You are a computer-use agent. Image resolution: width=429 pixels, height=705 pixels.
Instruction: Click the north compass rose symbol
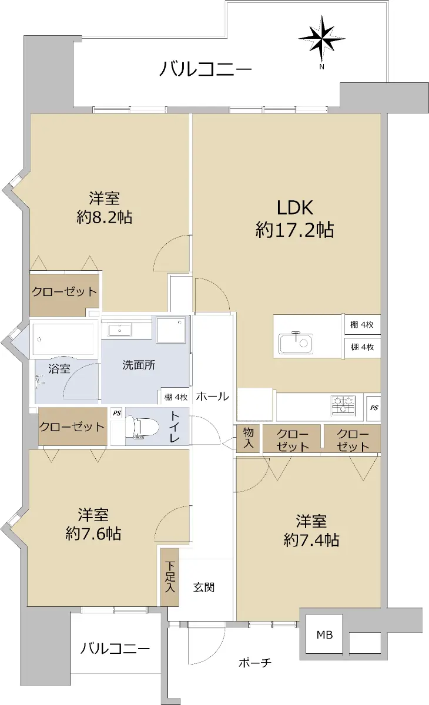point(321,38)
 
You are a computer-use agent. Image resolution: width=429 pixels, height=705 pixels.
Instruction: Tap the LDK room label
point(295,208)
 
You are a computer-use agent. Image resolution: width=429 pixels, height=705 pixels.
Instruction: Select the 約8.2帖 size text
point(104,217)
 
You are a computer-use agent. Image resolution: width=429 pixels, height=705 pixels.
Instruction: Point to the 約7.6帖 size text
point(93,533)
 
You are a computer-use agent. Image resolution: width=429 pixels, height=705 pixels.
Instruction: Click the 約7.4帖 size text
point(311,540)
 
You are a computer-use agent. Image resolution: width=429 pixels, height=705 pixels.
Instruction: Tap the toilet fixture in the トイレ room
point(142,427)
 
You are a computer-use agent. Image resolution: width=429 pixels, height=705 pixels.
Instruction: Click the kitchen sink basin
point(296,343)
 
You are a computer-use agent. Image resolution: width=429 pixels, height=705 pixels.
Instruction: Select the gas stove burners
point(343,404)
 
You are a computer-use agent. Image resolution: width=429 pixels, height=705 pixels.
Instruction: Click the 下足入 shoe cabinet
point(170,577)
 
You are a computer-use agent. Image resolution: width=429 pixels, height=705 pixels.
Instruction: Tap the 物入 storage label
point(248,438)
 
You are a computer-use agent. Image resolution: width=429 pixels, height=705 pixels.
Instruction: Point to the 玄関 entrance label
point(204,587)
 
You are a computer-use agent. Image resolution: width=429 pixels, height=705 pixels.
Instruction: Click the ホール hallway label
point(212,397)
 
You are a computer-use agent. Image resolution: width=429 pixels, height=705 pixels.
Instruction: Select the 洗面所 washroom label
point(139,365)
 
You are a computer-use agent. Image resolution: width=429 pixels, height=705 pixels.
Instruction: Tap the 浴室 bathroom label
point(59,369)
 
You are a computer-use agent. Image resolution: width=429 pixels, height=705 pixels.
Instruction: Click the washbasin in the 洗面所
point(120,330)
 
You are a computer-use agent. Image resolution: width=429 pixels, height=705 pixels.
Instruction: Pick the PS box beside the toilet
point(117,413)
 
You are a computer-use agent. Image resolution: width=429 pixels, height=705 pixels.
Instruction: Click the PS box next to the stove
point(374,408)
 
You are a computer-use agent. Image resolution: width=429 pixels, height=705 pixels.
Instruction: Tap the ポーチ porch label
point(255,663)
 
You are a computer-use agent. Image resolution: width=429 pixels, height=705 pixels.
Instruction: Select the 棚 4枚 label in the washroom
point(176,397)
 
